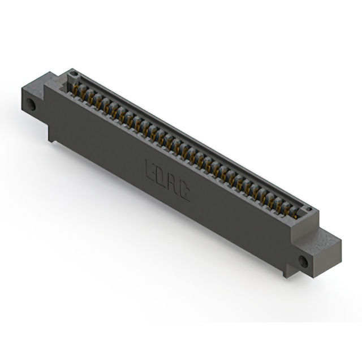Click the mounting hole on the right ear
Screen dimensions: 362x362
click(303, 261)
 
